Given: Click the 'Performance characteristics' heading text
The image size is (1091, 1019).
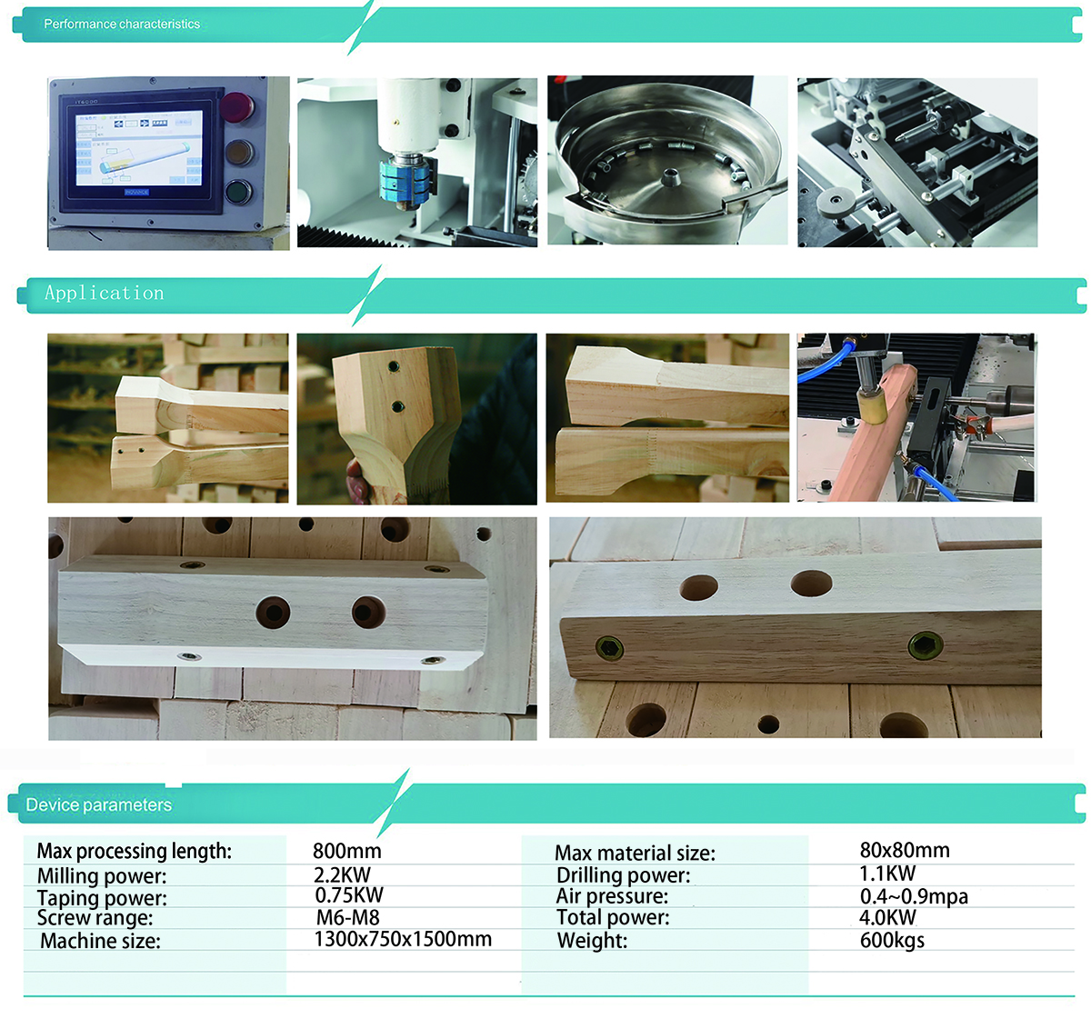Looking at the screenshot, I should (122, 25).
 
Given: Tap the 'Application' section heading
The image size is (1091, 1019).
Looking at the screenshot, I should (105, 294).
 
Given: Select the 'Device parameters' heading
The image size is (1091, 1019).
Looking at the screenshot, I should (98, 805).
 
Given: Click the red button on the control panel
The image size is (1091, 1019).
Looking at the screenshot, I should (237, 106).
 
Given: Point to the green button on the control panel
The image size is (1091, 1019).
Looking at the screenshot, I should (237, 192).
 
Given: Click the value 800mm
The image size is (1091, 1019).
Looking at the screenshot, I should (346, 851).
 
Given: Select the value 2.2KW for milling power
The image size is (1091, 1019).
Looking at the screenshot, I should (342, 874).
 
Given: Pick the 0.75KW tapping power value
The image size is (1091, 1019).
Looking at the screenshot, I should (349, 895).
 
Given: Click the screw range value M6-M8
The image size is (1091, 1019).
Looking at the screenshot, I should (347, 917).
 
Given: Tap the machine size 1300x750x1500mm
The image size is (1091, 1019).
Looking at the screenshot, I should (403, 939).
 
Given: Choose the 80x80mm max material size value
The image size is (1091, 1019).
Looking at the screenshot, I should (905, 850).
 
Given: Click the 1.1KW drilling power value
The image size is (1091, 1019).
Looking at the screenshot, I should (887, 874).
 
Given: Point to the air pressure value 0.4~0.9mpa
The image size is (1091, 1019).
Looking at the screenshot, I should (914, 896).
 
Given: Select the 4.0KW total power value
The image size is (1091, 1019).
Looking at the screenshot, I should (887, 917).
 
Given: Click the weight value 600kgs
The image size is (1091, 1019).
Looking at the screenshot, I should (892, 940).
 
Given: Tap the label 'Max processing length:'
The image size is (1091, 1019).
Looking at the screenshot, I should (135, 851).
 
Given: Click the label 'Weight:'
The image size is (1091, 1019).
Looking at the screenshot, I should (592, 941).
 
